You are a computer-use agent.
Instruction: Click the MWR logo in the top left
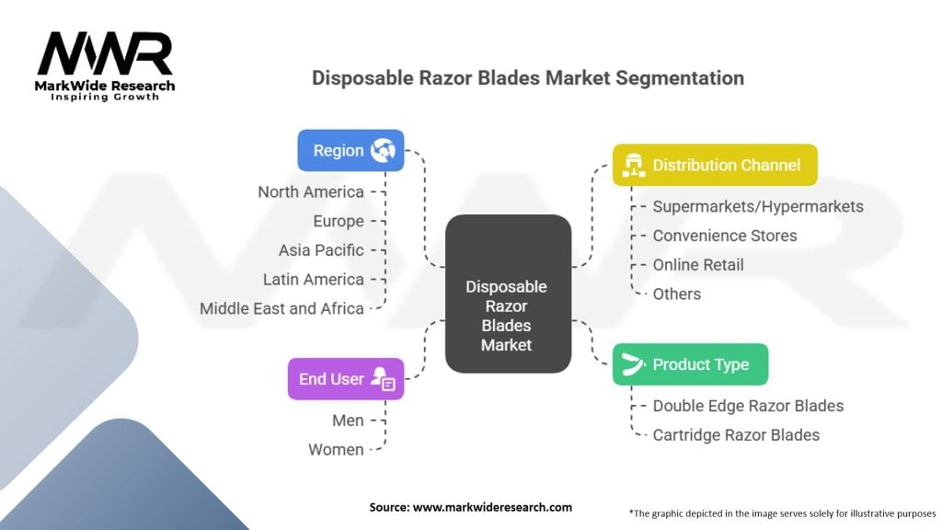[x=105, y=57]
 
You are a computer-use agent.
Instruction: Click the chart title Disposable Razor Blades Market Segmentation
[x=527, y=78]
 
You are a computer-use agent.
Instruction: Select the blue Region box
[x=350, y=151]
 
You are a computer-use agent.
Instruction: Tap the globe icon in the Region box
[x=382, y=151]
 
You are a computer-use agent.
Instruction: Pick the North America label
[x=311, y=191]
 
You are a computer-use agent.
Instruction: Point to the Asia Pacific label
[x=321, y=250]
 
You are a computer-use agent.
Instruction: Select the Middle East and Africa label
[x=281, y=308]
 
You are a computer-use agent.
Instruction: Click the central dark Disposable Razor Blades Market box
[x=507, y=294]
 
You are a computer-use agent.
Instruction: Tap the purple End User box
[x=345, y=378]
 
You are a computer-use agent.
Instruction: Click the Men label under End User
[x=348, y=421]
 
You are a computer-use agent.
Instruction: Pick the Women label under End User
[x=336, y=450]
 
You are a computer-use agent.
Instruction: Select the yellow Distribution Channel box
[x=714, y=166]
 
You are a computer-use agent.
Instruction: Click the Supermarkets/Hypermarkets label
[x=757, y=206]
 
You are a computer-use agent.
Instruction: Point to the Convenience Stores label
[x=725, y=236]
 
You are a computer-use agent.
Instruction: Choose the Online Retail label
[x=698, y=265]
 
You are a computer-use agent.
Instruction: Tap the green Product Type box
[x=690, y=364]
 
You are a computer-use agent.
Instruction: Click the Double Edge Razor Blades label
[x=748, y=406]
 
